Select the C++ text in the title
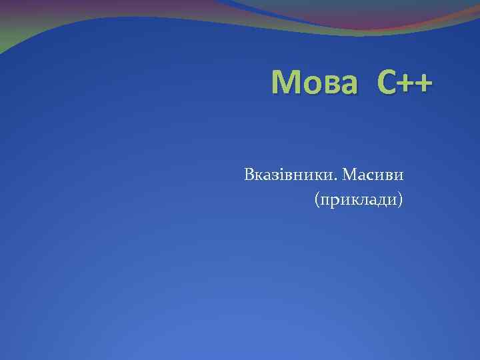404,83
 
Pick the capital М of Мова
286,83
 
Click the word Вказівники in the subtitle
291,175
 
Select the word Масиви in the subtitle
375,175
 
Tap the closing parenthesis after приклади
400,199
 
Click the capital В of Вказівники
249,175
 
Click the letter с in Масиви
373,177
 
